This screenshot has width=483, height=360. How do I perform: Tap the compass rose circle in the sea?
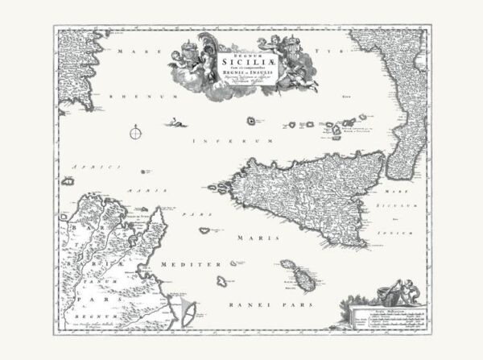pos(138,133)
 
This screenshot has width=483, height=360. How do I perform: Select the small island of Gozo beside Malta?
pos(289,265)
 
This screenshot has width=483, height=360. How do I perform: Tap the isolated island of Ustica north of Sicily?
pos(253,122)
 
